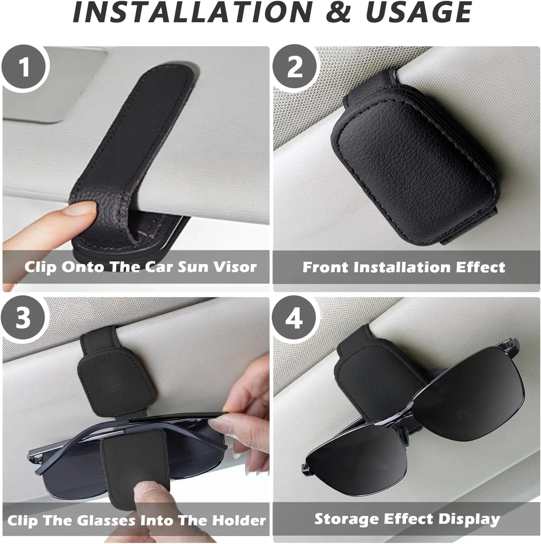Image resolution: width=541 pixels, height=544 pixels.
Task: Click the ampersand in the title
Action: pos(338,13)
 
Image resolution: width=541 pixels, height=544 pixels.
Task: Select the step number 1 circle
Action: pos(24,68)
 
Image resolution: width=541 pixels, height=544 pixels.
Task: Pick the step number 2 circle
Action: pos(295,68)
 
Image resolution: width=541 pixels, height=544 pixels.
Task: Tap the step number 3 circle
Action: pos(23,318)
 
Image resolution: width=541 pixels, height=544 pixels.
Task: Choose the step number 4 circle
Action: pos(294,318)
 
